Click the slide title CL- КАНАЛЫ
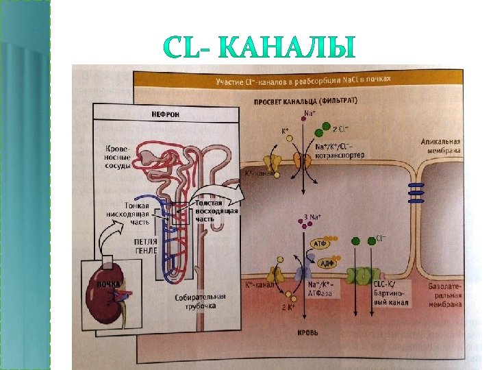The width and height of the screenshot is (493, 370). point(260,49)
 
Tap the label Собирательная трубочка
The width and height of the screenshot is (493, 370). point(200,301)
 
